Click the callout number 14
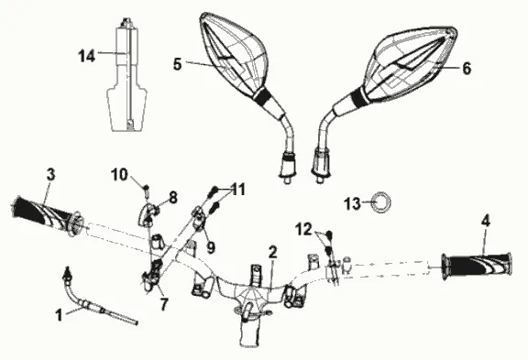click(x=87, y=56)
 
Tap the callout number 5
click(x=178, y=64)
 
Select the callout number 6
click(x=467, y=69)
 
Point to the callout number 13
click(x=352, y=203)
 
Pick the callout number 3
click(x=50, y=175)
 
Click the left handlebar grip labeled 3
click(x=46, y=217)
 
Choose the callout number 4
click(x=486, y=222)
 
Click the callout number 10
click(x=119, y=175)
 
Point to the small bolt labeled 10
click(x=147, y=192)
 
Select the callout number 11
click(x=238, y=190)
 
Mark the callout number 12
click(x=303, y=230)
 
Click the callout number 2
click(x=273, y=252)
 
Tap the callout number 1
click(x=59, y=316)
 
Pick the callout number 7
click(x=164, y=304)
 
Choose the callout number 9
click(x=211, y=248)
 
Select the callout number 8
click(x=173, y=198)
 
